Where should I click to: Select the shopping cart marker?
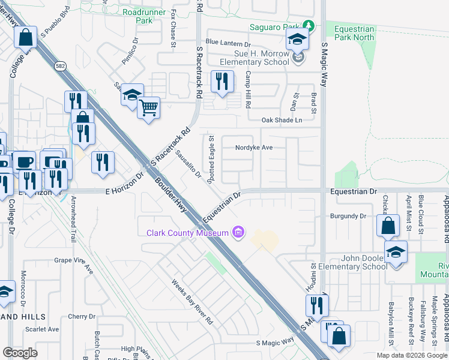[x=148, y=109]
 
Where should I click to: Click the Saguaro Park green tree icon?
[x=308, y=26]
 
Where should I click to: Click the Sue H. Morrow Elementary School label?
[x=253, y=58]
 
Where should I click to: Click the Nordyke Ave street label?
[x=253, y=147]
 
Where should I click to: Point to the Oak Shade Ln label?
[x=282, y=120]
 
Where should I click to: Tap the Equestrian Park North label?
[x=354, y=33]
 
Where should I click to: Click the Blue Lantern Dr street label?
[x=228, y=43]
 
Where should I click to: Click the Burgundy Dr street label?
[x=348, y=216]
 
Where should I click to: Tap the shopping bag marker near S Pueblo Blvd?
[x=26, y=38]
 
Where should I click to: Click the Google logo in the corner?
[x=20, y=353]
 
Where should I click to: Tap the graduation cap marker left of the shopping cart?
[x=132, y=95]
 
